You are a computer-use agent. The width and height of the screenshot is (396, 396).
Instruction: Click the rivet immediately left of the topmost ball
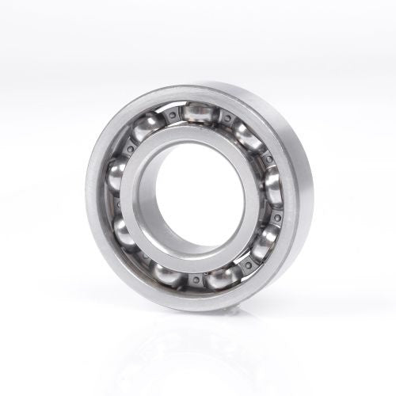169,116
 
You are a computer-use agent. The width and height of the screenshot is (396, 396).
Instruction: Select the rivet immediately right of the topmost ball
227,119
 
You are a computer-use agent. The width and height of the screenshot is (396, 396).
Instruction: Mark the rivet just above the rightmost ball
267,160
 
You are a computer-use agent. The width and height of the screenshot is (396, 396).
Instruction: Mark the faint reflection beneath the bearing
198,348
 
